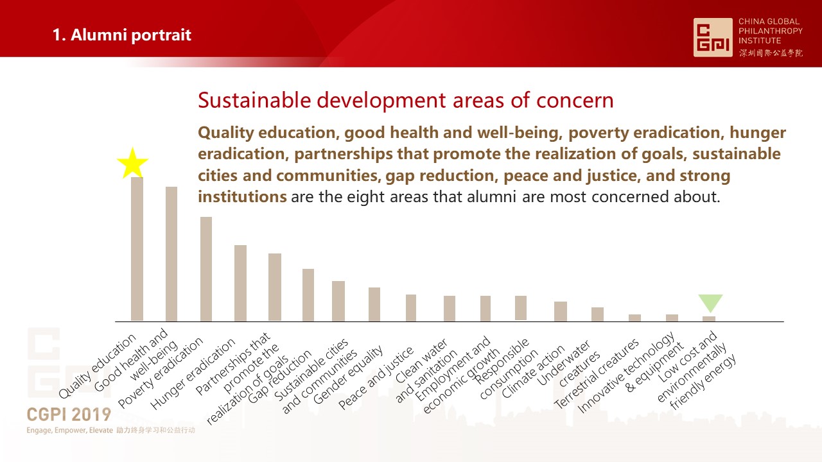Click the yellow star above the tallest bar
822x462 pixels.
[x=132, y=164]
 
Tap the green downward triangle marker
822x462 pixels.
[x=710, y=302]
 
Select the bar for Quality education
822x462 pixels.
[x=137, y=250]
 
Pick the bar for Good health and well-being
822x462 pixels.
[x=171, y=254]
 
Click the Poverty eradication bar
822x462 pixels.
[x=206, y=269]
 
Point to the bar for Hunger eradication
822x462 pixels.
[x=240, y=283]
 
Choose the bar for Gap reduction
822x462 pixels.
[x=308, y=295]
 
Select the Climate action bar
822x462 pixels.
[x=561, y=311]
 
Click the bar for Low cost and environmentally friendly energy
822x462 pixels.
[x=709, y=319]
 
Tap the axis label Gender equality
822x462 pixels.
[x=348, y=374]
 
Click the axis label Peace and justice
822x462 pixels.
[x=376, y=378]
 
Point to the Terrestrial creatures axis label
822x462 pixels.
[x=597, y=373]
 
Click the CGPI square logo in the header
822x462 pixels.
[x=713, y=37]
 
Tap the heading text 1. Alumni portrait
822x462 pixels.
[x=122, y=35]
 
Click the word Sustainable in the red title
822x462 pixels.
[x=255, y=100]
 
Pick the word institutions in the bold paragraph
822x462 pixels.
[x=242, y=197]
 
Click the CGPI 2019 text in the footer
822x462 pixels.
[x=69, y=415]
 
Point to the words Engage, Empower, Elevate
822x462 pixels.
[x=70, y=431]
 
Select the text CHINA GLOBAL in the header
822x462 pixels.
[x=769, y=21]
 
